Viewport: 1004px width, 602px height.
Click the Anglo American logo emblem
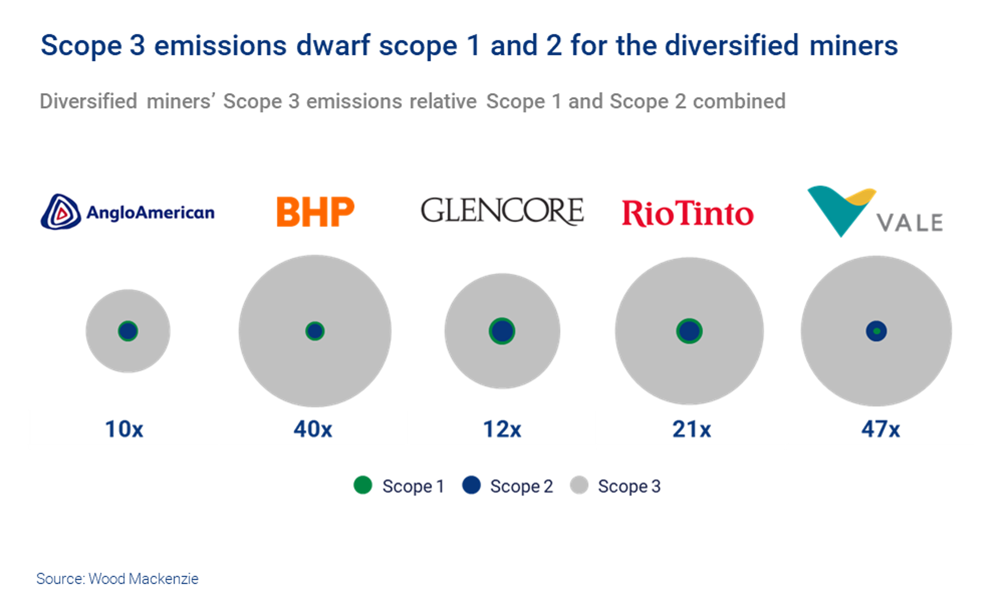[x=61, y=212]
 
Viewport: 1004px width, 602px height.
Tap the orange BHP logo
[x=315, y=212]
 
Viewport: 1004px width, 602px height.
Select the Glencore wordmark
[x=501, y=211]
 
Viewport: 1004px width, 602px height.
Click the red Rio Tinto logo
[x=687, y=213]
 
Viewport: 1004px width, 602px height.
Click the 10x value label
[x=124, y=429]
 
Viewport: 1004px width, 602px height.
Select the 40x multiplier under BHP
[x=313, y=429]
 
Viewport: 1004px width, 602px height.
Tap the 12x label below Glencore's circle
[x=502, y=429]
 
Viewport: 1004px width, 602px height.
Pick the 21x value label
[x=692, y=429]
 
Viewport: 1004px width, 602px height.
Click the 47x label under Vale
[x=881, y=429]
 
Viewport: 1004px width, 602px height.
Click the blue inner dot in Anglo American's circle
[x=128, y=331]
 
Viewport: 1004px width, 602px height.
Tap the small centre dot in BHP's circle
[x=315, y=331]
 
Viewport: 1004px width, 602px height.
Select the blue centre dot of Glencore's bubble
[x=502, y=331]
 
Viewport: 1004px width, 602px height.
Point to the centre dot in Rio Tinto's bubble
[x=689, y=331]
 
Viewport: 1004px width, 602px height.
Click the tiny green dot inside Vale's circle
[x=876, y=331]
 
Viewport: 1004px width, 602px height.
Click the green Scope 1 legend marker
[x=363, y=485]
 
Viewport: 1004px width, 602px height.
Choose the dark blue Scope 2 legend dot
[x=471, y=485]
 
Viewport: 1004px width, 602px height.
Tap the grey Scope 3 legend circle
[x=579, y=485]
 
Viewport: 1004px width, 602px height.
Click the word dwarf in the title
[x=332, y=46]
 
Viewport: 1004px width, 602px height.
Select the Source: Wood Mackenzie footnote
[x=117, y=579]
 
